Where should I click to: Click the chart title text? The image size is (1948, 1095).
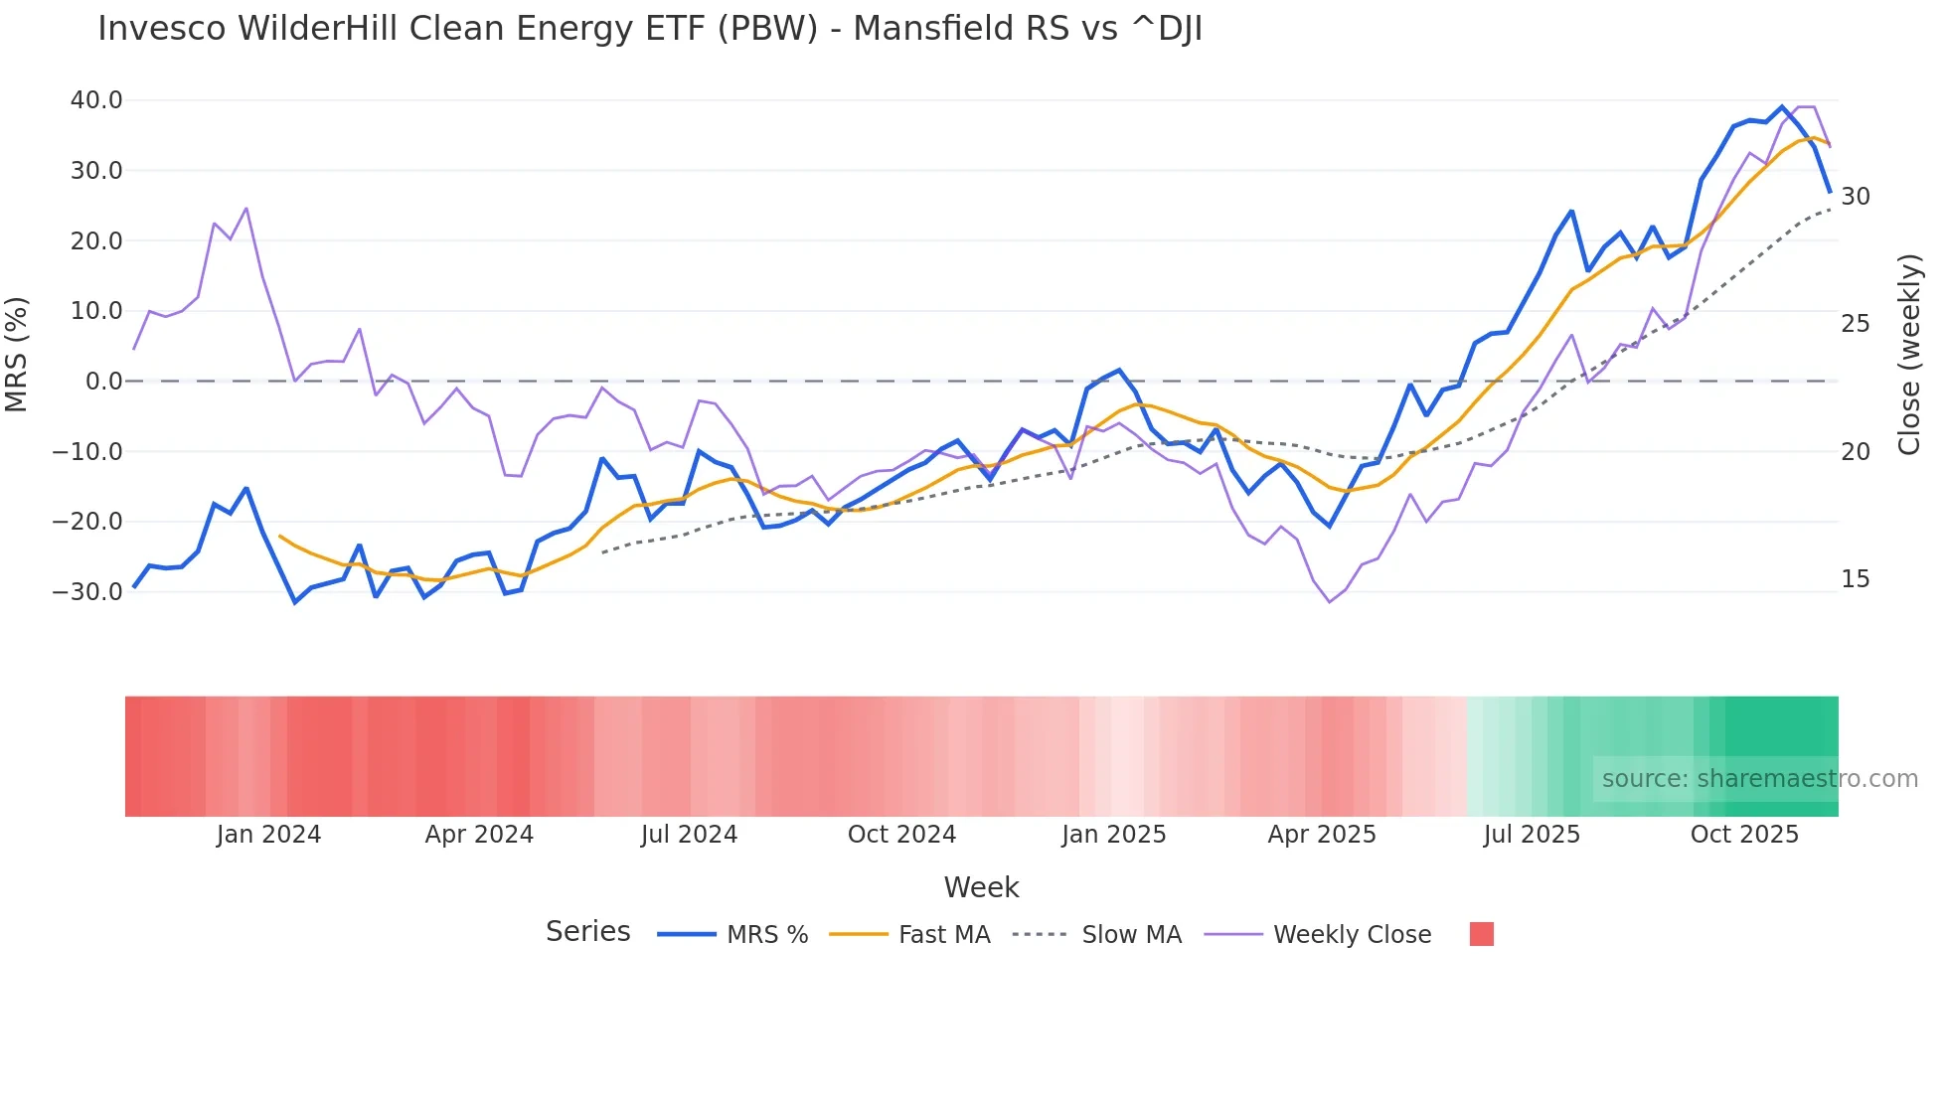(x=650, y=29)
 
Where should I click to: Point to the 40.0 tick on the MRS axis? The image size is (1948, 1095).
(x=96, y=100)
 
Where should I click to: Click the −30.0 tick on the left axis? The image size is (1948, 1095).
(x=87, y=592)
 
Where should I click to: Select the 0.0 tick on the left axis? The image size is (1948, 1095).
(x=104, y=382)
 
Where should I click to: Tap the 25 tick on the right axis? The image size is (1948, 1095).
(x=1855, y=324)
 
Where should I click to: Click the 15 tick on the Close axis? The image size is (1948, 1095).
(x=1855, y=579)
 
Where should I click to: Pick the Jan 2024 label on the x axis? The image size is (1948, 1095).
(x=268, y=835)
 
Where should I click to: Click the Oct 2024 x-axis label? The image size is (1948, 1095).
(x=901, y=835)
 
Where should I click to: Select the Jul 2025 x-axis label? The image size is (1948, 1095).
(x=1532, y=835)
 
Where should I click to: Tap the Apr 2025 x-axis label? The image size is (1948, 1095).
(x=1322, y=835)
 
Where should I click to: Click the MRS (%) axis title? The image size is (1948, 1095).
(x=17, y=354)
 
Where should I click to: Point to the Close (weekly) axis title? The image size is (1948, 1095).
(x=1909, y=355)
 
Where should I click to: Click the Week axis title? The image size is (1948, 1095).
(x=981, y=887)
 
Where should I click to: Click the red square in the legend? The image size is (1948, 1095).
(x=1481, y=934)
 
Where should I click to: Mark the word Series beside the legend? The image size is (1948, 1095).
(x=587, y=932)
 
